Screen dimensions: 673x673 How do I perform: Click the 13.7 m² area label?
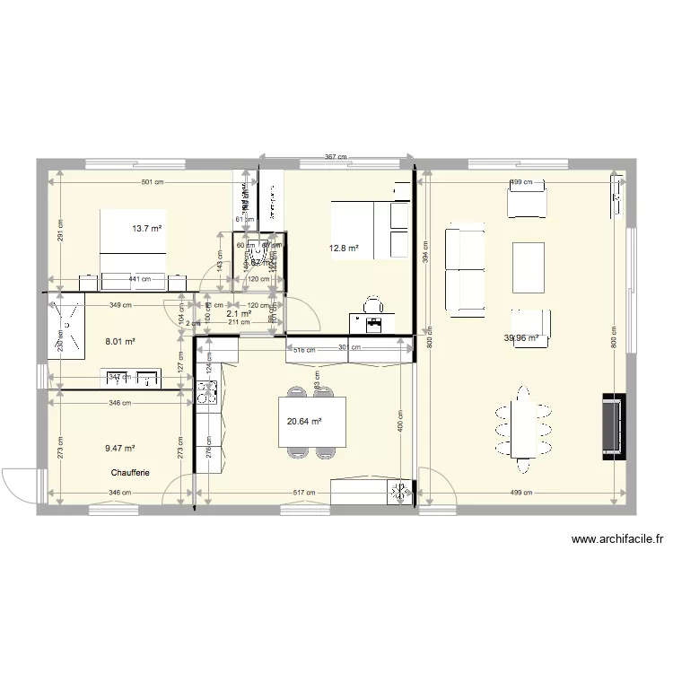[147, 229]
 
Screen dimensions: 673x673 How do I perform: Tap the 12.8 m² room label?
[345, 249]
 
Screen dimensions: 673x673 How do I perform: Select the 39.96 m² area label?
[521, 338]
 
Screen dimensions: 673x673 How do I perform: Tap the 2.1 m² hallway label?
[238, 314]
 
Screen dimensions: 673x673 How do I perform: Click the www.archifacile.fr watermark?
[616, 540]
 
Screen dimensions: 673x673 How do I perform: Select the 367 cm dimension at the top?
[336, 157]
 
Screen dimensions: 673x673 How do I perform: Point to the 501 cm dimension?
[152, 182]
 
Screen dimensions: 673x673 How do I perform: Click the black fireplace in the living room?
[613, 427]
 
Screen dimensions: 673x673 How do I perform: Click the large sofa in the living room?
[463, 268]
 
